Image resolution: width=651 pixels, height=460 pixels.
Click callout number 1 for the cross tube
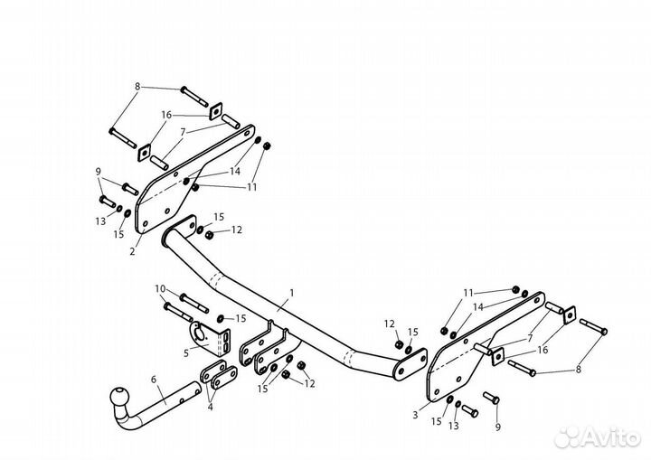[292, 294]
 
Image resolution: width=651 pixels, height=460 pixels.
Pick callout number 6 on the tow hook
[154, 380]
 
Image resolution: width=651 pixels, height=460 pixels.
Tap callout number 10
[160, 289]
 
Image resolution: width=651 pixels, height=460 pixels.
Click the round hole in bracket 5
[199, 326]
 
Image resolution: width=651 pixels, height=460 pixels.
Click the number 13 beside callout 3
[454, 424]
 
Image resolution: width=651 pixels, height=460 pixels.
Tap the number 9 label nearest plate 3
[495, 427]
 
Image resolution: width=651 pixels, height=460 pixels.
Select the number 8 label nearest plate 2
[137, 87]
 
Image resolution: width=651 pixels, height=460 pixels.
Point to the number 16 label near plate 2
[166, 116]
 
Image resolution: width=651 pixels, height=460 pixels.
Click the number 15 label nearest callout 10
[241, 318]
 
